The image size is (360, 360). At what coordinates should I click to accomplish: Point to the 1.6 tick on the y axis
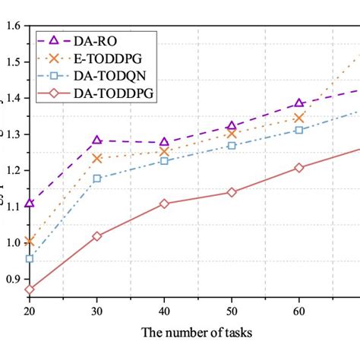point(12,26)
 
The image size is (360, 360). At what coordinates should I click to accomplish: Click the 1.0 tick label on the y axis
point(12,243)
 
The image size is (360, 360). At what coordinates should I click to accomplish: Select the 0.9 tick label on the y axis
point(12,279)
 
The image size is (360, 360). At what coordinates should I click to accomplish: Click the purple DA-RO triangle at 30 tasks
point(97,140)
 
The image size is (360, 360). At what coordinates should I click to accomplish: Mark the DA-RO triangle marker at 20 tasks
point(30,203)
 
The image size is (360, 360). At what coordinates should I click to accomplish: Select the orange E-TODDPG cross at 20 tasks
point(30,242)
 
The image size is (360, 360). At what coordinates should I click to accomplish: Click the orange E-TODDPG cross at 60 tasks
point(298,118)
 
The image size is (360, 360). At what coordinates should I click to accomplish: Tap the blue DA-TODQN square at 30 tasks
point(97,178)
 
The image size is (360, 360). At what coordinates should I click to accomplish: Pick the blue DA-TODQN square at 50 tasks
point(232,145)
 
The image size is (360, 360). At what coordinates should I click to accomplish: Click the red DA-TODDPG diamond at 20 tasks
point(30,289)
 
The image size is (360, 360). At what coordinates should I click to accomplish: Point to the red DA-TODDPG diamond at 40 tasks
point(164,204)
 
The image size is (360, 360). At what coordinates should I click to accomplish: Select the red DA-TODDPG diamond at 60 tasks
point(298,168)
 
